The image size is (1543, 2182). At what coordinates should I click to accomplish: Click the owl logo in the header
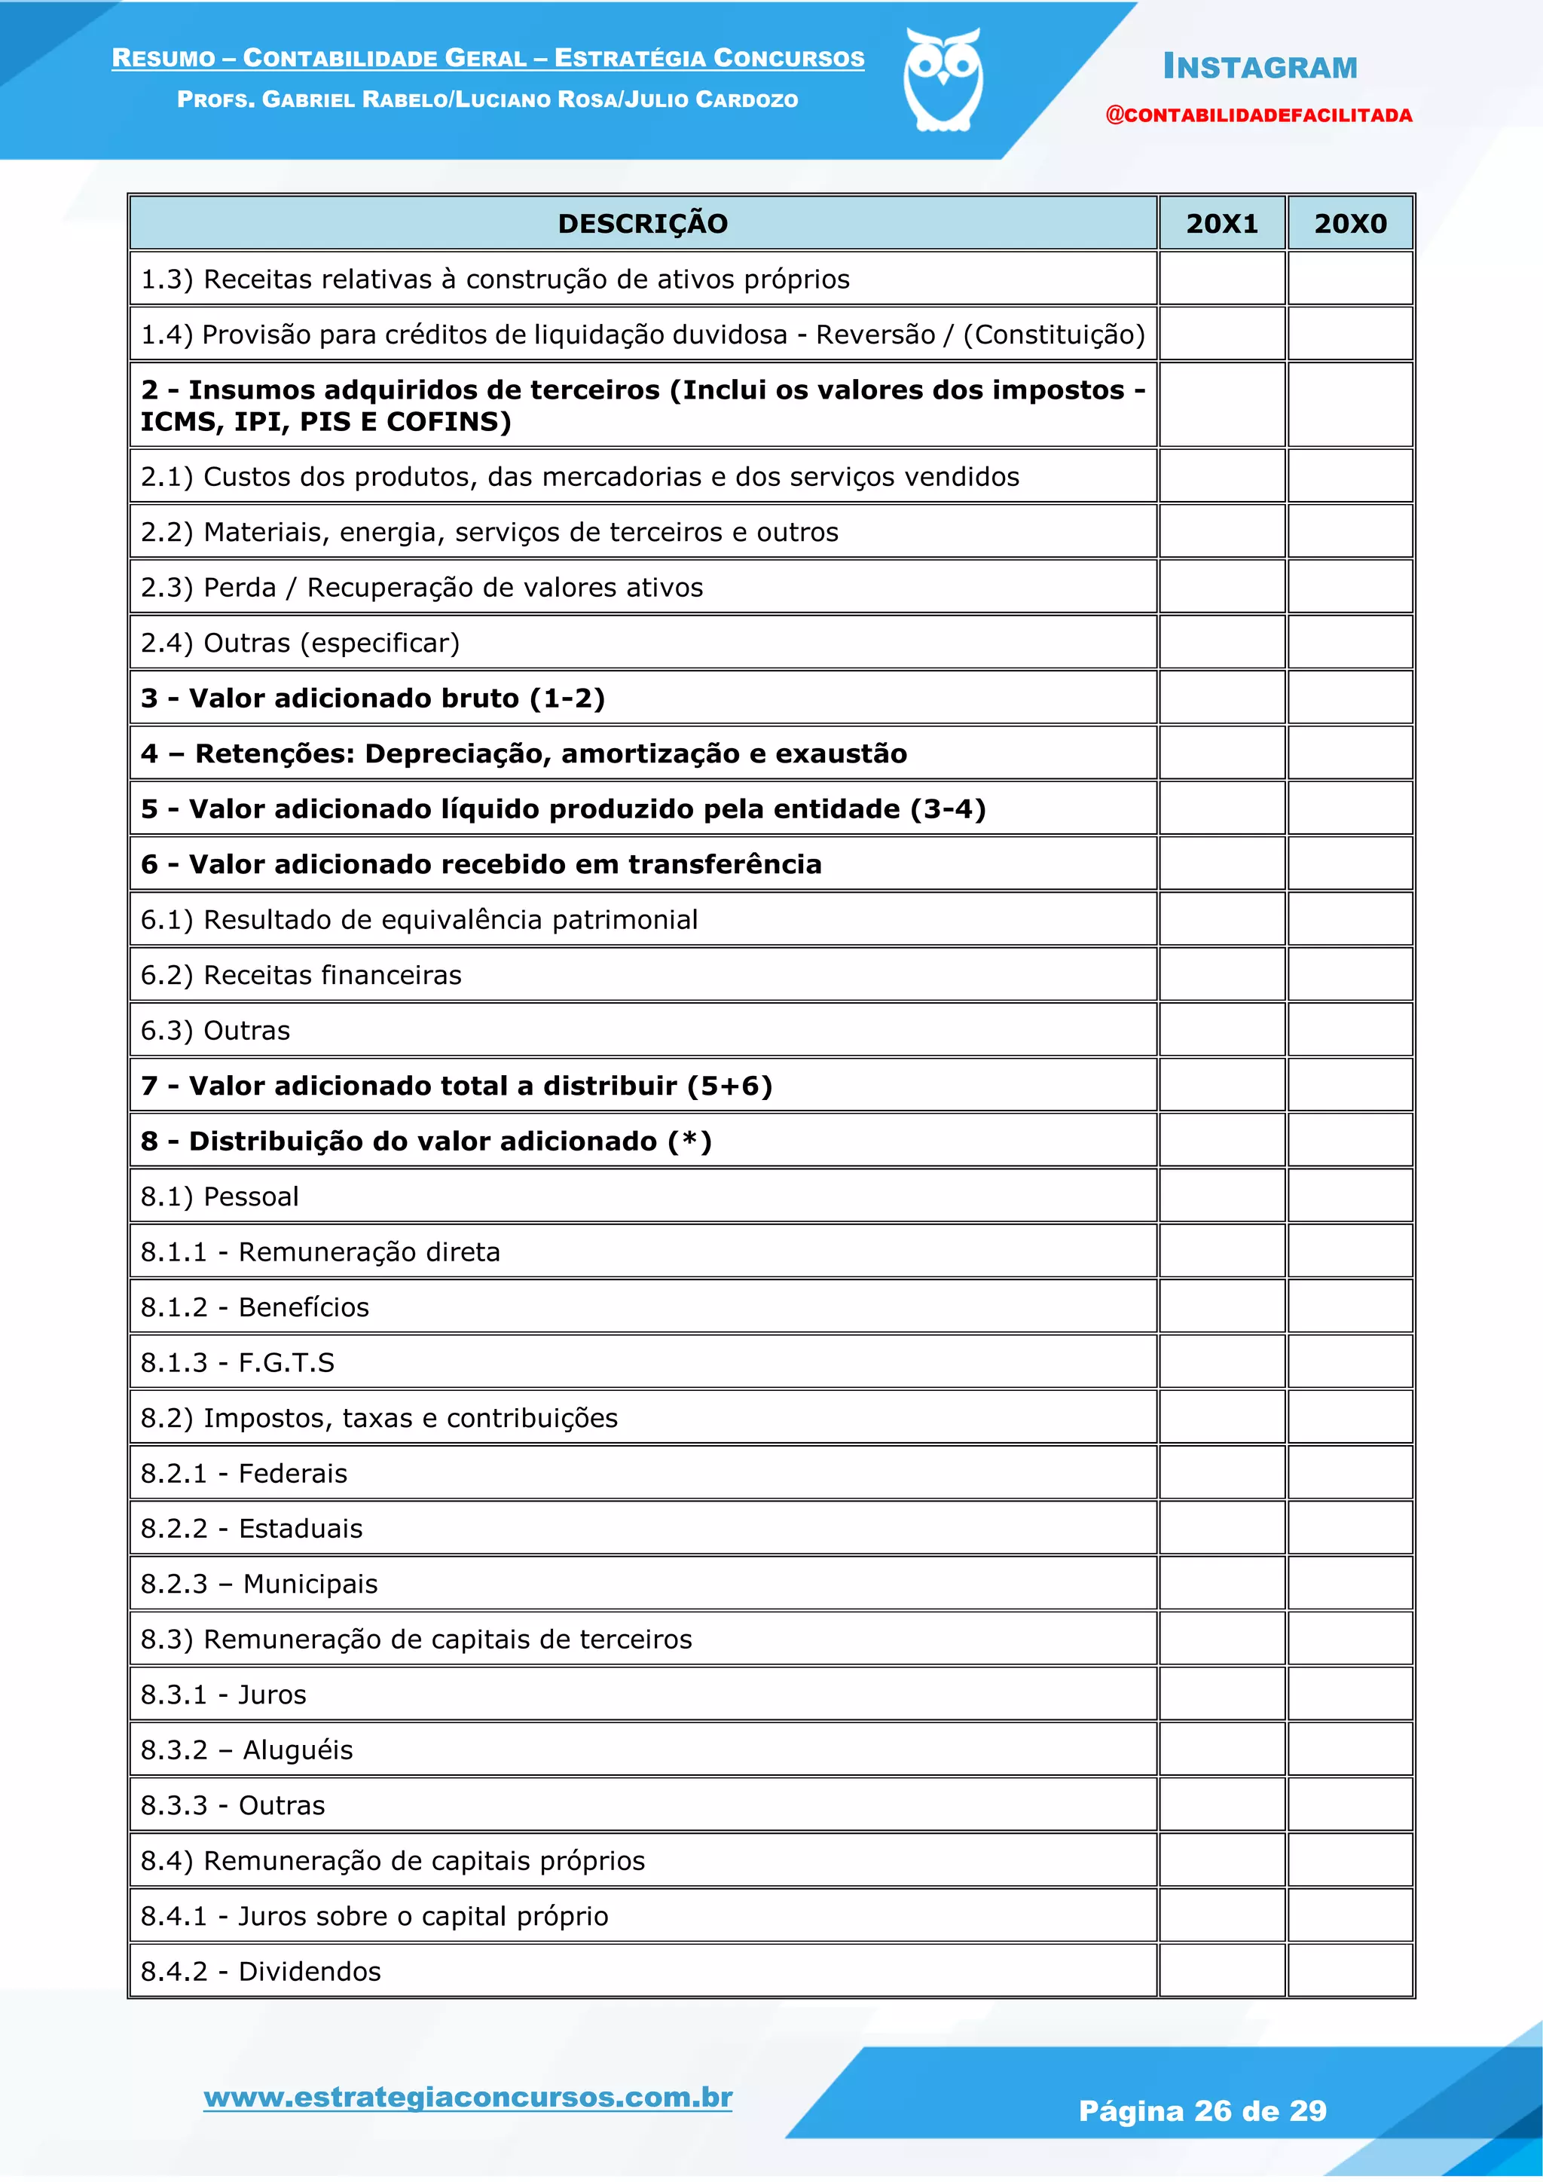tap(943, 80)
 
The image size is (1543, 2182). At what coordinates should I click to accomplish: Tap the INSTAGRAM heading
tap(1260, 68)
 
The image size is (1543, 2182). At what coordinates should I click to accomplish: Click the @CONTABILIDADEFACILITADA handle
tap(1258, 116)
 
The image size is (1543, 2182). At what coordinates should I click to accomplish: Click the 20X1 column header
tap(1222, 223)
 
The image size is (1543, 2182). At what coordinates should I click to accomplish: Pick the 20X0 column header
tap(1350, 223)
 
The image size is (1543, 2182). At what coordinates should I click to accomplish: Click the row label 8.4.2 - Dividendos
tap(261, 1971)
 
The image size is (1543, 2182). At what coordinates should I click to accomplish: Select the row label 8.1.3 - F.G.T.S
tap(237, 1363)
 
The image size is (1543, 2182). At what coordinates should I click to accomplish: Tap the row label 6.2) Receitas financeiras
tap(301, 975)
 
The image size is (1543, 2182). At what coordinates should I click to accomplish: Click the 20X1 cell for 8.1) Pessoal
tap(1222, 1196)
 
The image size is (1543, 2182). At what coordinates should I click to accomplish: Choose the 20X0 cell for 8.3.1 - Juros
tap(1350, 1695)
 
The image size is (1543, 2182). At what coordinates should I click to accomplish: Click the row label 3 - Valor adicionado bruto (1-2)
tap(372, 698)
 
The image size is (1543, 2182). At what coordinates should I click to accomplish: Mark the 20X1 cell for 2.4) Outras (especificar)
tap(1222, 643)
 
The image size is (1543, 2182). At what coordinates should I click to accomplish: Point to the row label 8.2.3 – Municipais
tap(258, 1585)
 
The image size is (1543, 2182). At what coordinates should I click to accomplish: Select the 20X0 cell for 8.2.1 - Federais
tap(1350, 1473)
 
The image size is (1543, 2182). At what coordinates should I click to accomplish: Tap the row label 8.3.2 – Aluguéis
tap(246, 1750)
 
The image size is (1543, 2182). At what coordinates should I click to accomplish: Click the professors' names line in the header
tap(487, 99)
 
